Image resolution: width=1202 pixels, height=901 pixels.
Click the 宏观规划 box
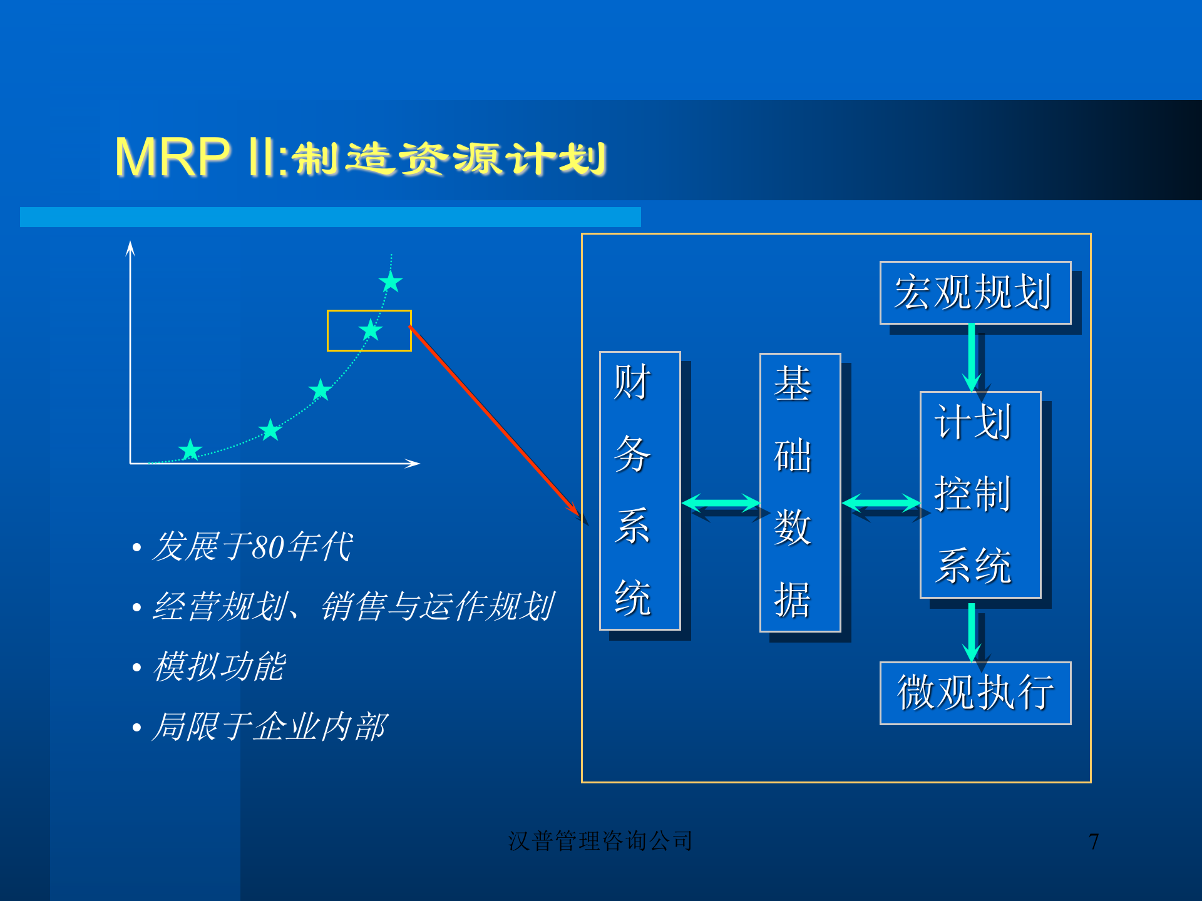[x=974, y=292]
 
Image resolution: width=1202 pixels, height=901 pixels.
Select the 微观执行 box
[x=974, y=693]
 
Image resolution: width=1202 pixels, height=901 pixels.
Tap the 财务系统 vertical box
[x=639, y=491]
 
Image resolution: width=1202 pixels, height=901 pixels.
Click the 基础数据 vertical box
[x=799, y=492]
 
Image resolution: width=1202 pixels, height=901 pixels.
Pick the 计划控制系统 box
[x=980, y=494]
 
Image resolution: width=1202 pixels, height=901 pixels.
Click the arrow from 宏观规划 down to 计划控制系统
[x=971, y=357]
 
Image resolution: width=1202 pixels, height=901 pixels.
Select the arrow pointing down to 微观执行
[x=971, y=632]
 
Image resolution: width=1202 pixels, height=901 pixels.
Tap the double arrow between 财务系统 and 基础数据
[x=720, y=503]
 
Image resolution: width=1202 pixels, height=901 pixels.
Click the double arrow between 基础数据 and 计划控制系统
[x=880, y=503]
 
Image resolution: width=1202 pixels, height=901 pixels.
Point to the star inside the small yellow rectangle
[x=371, y=330]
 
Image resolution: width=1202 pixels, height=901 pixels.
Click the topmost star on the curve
[x=391, y=282]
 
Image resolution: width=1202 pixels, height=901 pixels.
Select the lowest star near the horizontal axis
[x=190, y=449]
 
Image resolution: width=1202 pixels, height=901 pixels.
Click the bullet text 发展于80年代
[x=252, y=546]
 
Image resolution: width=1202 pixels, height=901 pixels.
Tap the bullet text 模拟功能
[x=219, y=666]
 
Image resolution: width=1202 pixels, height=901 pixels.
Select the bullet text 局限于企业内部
[x=269, y=726]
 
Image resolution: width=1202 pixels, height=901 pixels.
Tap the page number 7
[x=1093, y=842]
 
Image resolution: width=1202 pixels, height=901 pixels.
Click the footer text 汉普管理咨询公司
[x=600, y=841]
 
